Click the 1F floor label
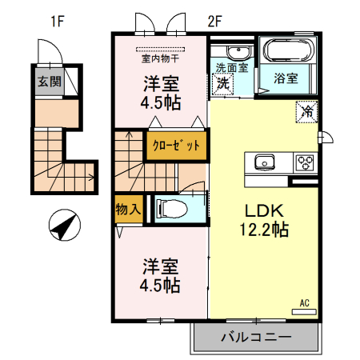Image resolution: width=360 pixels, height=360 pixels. [x=57, y=22]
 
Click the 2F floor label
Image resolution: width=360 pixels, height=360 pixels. [x=214, y=22]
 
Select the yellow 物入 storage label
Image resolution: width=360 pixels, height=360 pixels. [x=128, y=209]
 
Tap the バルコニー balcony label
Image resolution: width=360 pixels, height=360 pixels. [x=255, y=338]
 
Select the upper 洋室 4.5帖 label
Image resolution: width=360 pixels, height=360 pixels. [x=161, y=92]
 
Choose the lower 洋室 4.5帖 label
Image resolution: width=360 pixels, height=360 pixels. [x=161, y=274]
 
